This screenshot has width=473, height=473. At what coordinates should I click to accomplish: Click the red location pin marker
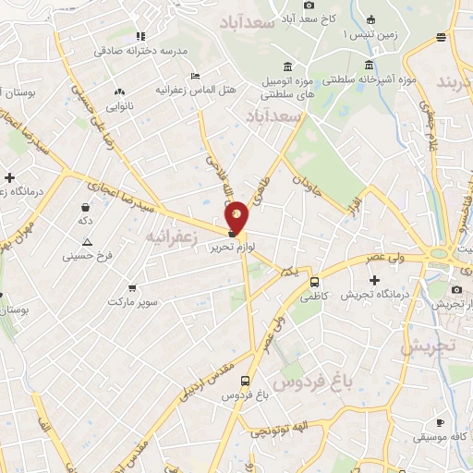237,215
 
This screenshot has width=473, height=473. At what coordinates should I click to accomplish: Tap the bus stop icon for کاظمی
315,282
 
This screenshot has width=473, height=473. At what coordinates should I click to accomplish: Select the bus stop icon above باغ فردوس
245,381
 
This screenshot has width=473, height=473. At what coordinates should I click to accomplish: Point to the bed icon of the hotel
194,76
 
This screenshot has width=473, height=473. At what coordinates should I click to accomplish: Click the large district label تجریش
428,346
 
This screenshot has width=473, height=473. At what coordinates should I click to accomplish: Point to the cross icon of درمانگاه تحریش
374,280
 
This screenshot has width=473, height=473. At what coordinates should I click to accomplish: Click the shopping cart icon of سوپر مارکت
132,287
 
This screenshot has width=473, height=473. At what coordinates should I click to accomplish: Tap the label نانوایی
118,106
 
